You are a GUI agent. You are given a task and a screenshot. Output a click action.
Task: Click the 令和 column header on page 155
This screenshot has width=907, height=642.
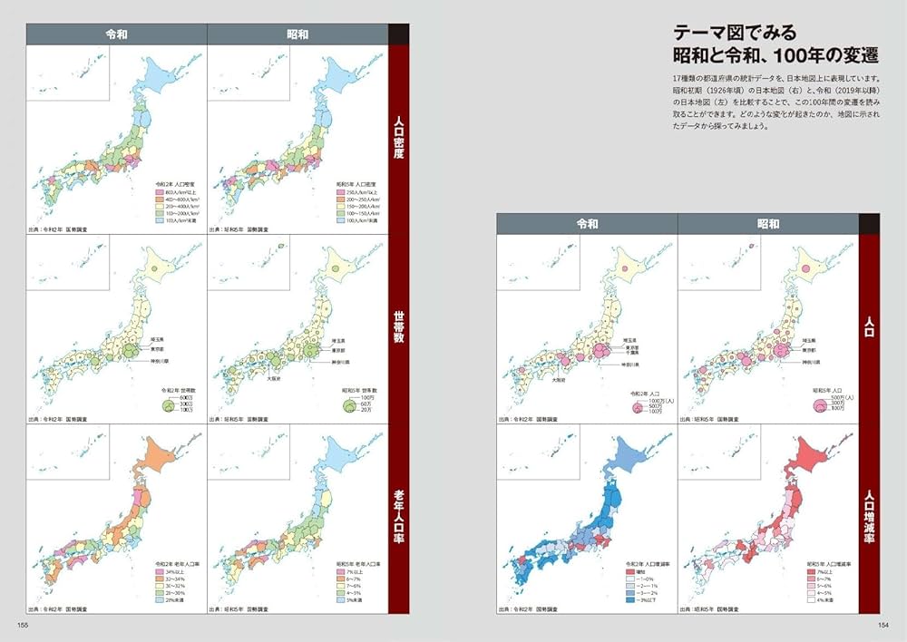[x=116, y=34]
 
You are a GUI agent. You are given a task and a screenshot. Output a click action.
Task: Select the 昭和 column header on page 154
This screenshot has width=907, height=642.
[x=767, y=224]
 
